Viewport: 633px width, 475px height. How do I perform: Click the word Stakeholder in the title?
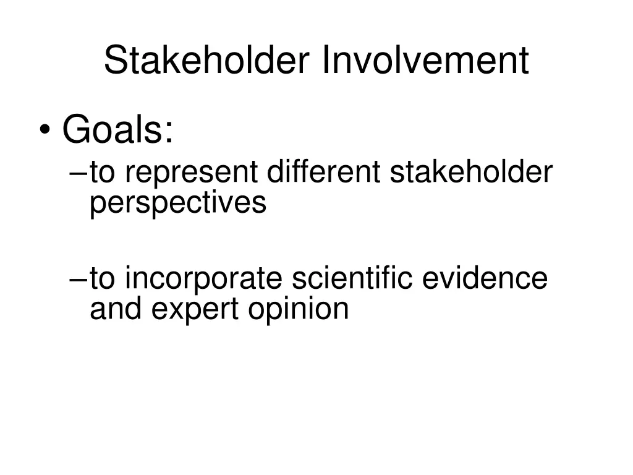(x=208, y=61)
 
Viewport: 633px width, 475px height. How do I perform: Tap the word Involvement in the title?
(x=425, y=61)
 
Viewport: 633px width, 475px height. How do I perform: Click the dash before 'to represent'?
(x=79, y=174)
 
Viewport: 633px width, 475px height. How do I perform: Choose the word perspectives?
(x=178, y=203)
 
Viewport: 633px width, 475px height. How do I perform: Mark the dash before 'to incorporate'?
(x=79, y=280)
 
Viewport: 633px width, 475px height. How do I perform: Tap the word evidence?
(x=485, y=278)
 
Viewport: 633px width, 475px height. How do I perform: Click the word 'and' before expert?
(x=116, y=308)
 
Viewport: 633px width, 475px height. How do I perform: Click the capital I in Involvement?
(x=326, y=61)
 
